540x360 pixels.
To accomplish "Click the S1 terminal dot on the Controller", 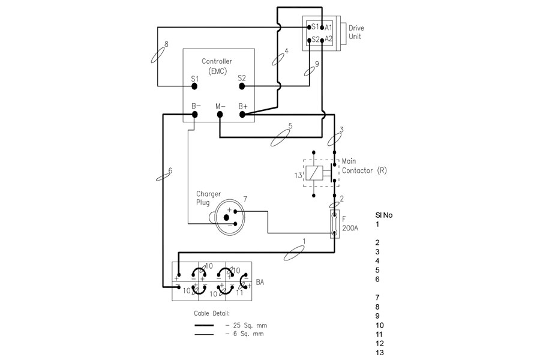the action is pos(194,86).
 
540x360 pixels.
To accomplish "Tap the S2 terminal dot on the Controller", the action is pos(242,86).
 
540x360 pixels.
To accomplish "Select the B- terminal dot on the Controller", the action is pos(195,115).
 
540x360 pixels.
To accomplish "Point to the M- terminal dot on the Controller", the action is pos(220,115).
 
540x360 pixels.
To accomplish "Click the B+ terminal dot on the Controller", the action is pos(242,115).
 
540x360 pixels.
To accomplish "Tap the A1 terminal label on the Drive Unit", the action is pos(328,28).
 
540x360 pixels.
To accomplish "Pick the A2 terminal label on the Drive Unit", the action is pos(328,39).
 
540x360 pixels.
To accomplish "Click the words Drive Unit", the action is pos(356,32).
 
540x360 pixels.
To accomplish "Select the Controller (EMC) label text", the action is pos(217,66).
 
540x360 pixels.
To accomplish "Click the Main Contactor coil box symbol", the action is pos(314,173).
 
